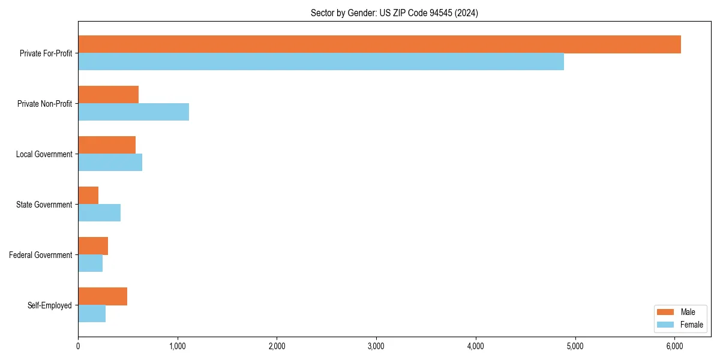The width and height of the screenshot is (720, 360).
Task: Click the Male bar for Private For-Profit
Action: point(379,44)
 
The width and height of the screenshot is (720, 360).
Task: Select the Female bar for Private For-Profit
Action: point(321,62)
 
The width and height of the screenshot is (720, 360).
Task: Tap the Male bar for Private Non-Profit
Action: point(108,95)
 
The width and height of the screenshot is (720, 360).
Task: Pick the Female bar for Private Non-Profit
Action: point(133,112)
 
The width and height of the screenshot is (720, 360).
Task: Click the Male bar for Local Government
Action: point(107,145)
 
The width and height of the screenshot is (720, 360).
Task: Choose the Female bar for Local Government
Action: point(110,163)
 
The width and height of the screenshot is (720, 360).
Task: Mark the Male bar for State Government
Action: point(88,196)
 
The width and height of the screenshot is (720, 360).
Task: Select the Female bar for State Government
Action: point(99,213)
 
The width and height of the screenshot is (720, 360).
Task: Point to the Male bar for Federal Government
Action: point(93,246)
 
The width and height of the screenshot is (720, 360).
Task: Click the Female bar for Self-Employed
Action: point(92,314)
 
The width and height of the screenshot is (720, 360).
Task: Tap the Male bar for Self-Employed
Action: point(103,296)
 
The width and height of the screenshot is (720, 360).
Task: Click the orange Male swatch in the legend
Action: point(665,312)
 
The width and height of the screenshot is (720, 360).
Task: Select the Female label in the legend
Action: point(691,325)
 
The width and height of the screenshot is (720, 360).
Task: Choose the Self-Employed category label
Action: point(49,305)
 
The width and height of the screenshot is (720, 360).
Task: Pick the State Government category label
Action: point(44,205)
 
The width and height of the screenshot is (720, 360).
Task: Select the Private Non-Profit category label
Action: point(44,104)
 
